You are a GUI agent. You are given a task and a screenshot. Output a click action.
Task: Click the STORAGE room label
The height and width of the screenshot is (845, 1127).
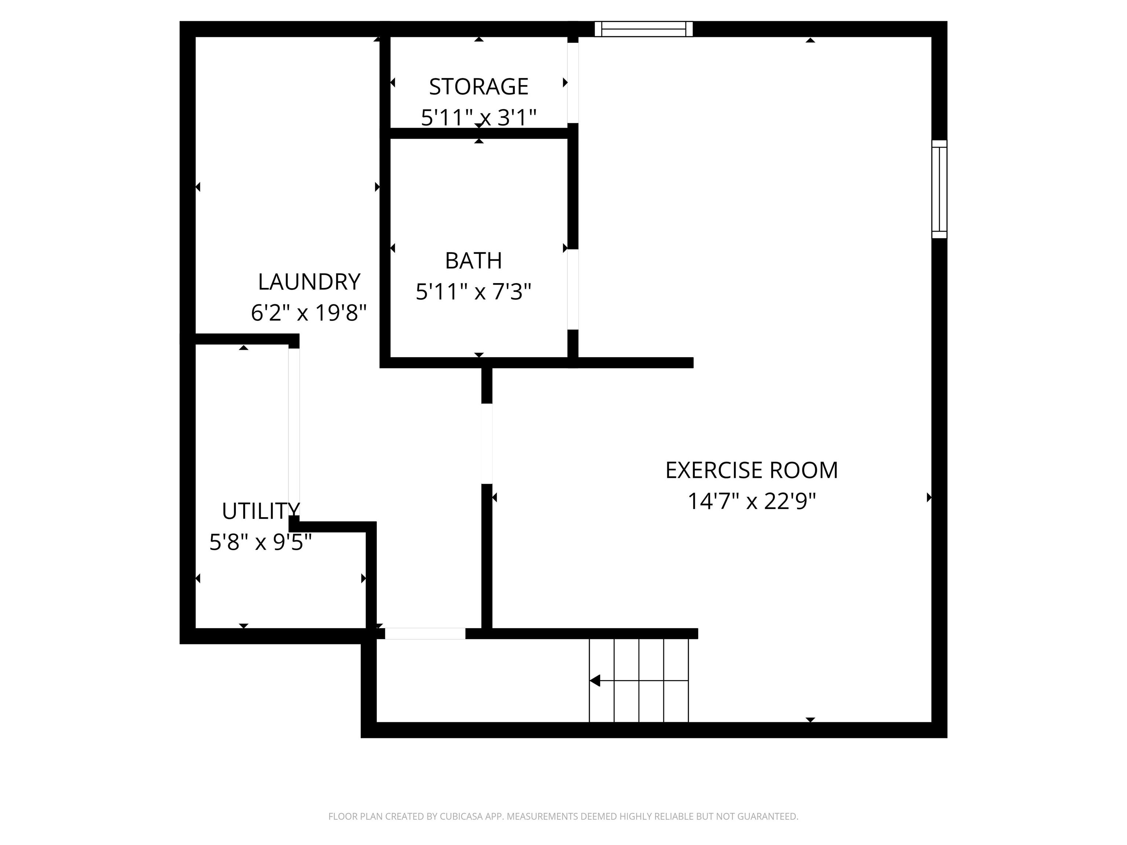[478, 87]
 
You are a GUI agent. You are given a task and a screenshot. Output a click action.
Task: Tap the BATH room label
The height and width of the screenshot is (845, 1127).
[473, 261]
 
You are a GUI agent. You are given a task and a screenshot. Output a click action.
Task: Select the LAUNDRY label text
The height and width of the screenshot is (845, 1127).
[309, 282]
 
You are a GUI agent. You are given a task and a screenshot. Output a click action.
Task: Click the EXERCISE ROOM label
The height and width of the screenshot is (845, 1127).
[751, 470]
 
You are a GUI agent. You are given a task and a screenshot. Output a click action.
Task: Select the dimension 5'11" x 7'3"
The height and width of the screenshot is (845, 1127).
[473, 292]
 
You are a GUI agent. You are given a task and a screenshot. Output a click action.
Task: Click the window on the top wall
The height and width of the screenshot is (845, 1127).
[643, 29]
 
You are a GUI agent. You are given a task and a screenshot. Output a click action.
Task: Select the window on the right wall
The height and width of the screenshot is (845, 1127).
[939, 189]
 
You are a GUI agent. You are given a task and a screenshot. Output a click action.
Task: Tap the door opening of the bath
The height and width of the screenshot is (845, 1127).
[573, 289]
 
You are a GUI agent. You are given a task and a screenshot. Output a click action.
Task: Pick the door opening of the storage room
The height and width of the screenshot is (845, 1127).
[573, 83]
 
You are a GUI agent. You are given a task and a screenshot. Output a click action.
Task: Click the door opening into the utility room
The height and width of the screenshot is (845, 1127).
[294, 432]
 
